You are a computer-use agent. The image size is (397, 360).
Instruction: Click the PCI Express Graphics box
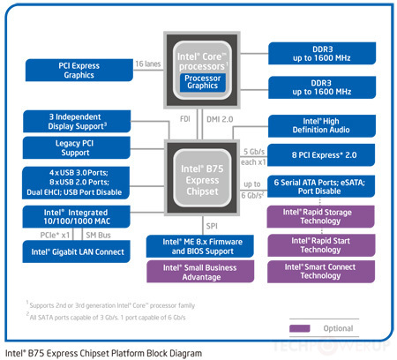(x=77, y=71)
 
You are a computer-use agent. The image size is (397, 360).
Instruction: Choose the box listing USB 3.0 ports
(x=77, y=181)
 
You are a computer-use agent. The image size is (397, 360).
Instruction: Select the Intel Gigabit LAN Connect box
(x=77, y=252)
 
